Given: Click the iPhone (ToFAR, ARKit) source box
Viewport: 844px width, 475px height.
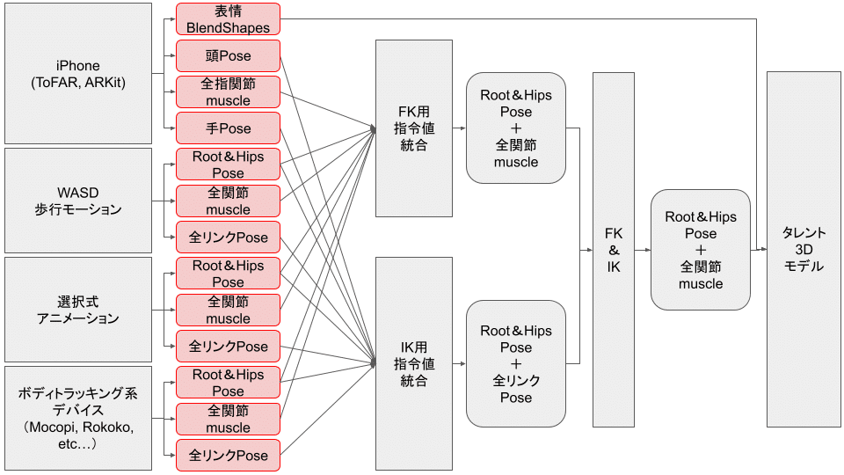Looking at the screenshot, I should [77, 73].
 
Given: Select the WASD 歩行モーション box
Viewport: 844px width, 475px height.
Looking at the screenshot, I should [77, 201].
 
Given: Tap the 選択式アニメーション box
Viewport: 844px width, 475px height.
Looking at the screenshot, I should [77, 309].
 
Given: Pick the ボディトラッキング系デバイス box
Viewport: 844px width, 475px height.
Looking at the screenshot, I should [77, 417].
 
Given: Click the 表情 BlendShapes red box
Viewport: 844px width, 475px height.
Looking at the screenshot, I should [228, 18].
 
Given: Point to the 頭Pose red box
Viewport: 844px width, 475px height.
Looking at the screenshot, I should [228, 55].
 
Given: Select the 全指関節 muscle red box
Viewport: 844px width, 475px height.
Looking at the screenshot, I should [228, 91].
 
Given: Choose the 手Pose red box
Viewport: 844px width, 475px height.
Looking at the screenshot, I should [228, 128].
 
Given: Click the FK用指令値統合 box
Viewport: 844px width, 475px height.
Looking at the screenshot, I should [413, 128].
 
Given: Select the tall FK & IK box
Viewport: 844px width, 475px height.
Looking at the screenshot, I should [613, 249].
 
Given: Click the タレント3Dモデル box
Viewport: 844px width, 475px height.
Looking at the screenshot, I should [804, 249].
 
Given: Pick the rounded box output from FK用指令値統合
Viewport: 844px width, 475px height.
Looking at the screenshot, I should [515, 128].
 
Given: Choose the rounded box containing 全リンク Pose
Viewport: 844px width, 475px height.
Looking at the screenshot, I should [515, 363].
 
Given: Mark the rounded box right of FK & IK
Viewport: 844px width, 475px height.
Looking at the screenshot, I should [701, 250].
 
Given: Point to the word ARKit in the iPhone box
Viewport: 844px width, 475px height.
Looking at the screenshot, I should [103, 82].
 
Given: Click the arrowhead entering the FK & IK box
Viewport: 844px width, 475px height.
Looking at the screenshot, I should [589, 250].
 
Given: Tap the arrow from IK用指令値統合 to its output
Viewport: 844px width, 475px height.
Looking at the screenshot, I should [459, 363].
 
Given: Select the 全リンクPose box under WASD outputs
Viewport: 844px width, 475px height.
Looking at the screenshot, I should [228, 237].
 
